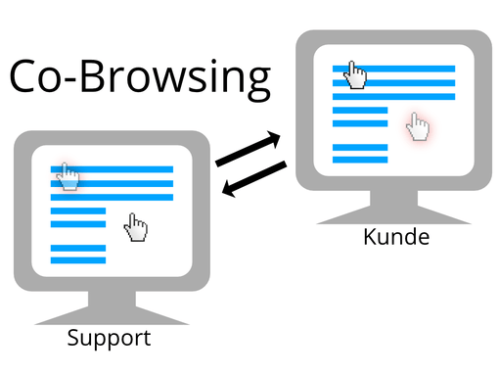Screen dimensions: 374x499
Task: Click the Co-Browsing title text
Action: pos(139,78)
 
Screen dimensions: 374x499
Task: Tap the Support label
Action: pos(109,339)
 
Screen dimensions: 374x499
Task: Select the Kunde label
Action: pos(396,237)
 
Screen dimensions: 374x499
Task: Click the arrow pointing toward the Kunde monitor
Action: pos(249,149)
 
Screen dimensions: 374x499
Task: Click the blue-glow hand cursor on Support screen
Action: pos(68,176)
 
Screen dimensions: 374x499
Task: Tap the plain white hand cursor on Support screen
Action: pos(136,229)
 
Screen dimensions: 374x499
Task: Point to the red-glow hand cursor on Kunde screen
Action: pos(419,126)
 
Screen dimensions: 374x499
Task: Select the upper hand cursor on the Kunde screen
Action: pos(356,74)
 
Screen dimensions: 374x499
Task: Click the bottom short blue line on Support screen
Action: pos(77,259)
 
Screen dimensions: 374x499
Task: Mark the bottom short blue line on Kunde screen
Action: pos(360,159)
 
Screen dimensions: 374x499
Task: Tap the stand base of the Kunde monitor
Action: pos(394,214)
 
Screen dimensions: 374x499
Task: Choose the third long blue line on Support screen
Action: pos(112,198)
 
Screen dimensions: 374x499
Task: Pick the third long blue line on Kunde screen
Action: pos(393,96)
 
